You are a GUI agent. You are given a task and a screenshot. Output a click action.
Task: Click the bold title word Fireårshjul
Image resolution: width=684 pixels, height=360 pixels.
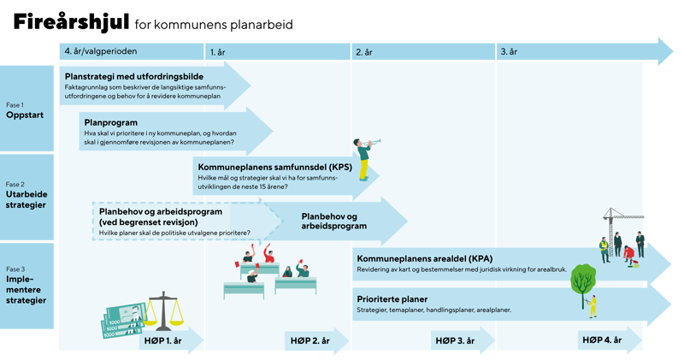point(71,22)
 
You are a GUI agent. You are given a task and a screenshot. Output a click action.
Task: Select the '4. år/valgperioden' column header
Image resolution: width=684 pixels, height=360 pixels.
point(101,51)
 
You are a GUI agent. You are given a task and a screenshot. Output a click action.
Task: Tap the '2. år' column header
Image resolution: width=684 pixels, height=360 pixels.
point(364,52)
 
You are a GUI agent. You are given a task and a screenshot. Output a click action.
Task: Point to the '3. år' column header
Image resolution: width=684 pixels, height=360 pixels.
point(509,51)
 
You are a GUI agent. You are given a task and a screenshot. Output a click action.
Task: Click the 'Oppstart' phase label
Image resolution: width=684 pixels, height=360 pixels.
point(25,115)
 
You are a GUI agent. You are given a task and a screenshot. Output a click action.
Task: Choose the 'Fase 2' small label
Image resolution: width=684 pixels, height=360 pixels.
point(15,184)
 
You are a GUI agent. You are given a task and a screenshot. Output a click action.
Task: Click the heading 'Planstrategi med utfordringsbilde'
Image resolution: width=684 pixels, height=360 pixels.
point(134,76)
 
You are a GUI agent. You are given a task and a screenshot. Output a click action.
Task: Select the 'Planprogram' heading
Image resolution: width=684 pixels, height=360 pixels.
point(111,122)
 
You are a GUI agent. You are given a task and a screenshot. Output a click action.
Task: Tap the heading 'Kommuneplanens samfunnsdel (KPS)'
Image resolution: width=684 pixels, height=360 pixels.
point(274,167)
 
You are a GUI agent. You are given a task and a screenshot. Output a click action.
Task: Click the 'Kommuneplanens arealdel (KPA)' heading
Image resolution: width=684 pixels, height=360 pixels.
point(424,258)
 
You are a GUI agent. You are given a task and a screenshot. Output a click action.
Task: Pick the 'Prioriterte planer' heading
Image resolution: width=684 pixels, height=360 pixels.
point(392,299)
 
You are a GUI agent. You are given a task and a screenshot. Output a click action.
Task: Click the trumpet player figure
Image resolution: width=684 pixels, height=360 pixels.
point(365,159)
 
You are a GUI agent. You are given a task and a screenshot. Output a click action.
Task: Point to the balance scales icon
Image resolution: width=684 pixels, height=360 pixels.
point(163,310)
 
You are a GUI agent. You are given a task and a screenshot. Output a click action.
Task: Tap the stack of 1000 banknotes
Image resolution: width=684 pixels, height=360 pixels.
point(123,321)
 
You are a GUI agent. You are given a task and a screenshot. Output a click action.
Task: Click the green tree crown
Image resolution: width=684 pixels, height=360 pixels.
point(583,280)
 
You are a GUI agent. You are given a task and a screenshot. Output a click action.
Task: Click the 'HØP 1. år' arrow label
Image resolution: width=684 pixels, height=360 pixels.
point(162,341)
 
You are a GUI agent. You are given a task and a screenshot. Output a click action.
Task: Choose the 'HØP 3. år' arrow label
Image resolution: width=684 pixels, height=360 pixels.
point(455,341)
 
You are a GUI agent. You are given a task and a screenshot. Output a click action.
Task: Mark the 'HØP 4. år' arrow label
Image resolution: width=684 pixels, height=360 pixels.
point(602,340)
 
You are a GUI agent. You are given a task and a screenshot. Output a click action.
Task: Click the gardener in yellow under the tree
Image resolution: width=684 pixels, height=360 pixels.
point(592,306)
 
